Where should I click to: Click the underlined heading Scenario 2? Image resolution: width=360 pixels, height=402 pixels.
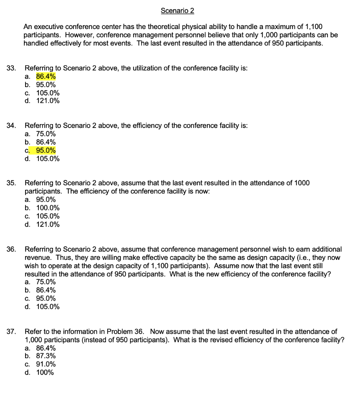pos(177,11)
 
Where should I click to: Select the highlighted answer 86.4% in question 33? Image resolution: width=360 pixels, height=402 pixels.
pos(46,77)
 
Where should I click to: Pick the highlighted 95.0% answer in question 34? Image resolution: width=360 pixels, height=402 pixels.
pos(46,150)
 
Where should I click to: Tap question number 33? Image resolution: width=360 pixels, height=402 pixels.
pos(11,68)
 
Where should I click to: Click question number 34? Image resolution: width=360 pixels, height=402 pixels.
pos(11,126)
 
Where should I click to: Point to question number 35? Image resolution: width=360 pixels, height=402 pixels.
pos(11,183)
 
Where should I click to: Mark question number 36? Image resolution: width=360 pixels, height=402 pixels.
pos(11,249)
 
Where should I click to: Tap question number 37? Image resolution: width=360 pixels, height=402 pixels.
pos(11,332)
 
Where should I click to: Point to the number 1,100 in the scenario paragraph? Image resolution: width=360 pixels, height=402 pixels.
pos(313,27)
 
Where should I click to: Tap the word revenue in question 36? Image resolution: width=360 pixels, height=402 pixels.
pos(37,257)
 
